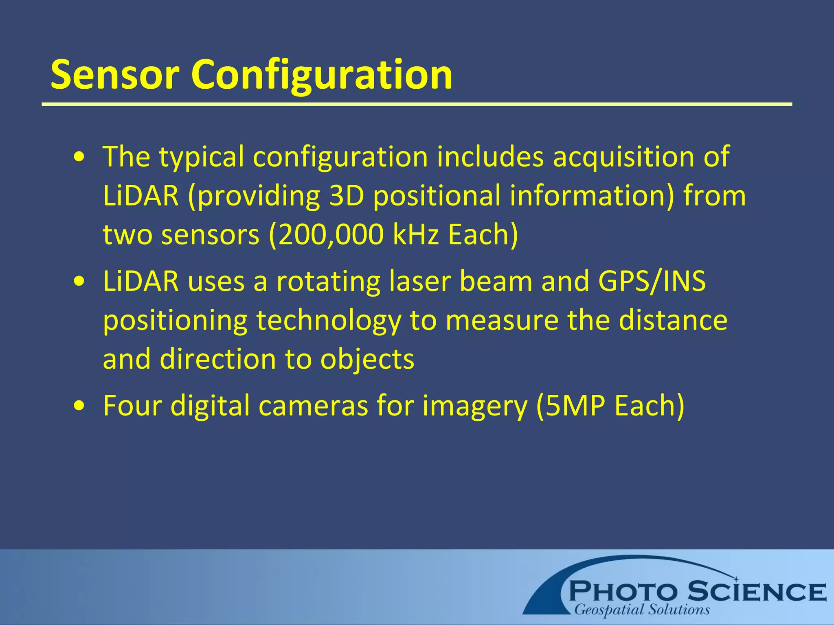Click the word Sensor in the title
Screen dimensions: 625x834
pyautogui.click(x=115, y=75)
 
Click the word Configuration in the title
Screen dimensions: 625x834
pyautogui.click(x=322, y=75)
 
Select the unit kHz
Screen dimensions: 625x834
pyautogui.click(x=416, y=235)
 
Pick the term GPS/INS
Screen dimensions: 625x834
pyautogui.click(x=652, y=281)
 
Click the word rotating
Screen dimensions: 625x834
pyautogui.click(x=328, y=281)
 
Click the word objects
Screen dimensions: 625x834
pyautogui.click(x=367, y=360)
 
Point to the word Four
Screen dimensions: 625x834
pyautogui.click(x=132, y=406)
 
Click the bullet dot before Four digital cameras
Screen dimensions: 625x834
pyautogui.click(x=80, y=406)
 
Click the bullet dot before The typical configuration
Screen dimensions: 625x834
pyautogui.click(x=80, y=157)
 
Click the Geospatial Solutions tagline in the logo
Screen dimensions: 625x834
pyautogui.click(x=642, y=610)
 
